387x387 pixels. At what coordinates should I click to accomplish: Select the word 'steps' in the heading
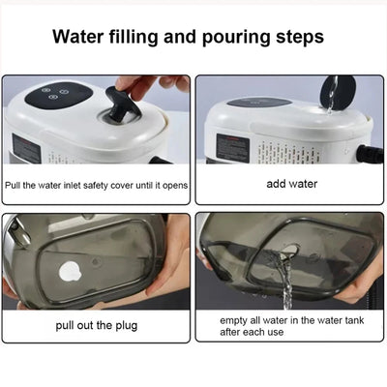tap(296, 38)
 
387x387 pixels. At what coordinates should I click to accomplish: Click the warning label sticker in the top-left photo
tap(25, 148)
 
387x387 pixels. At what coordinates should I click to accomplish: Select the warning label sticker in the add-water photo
tap(232, 147)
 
